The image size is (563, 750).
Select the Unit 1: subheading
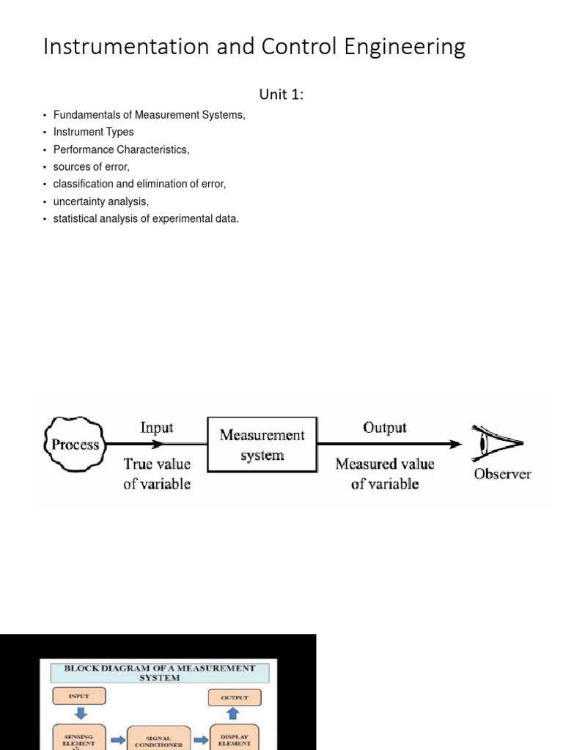281,94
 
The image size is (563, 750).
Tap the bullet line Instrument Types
94,133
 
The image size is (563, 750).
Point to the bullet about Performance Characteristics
122,149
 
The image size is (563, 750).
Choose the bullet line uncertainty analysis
101,201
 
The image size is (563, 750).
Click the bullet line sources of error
92,167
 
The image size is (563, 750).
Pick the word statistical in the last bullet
76,219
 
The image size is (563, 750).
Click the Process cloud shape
76,444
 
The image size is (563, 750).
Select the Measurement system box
262,445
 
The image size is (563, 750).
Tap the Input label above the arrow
157,427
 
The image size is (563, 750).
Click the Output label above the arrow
385,427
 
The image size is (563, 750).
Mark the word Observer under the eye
502,474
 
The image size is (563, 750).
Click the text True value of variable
157,473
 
